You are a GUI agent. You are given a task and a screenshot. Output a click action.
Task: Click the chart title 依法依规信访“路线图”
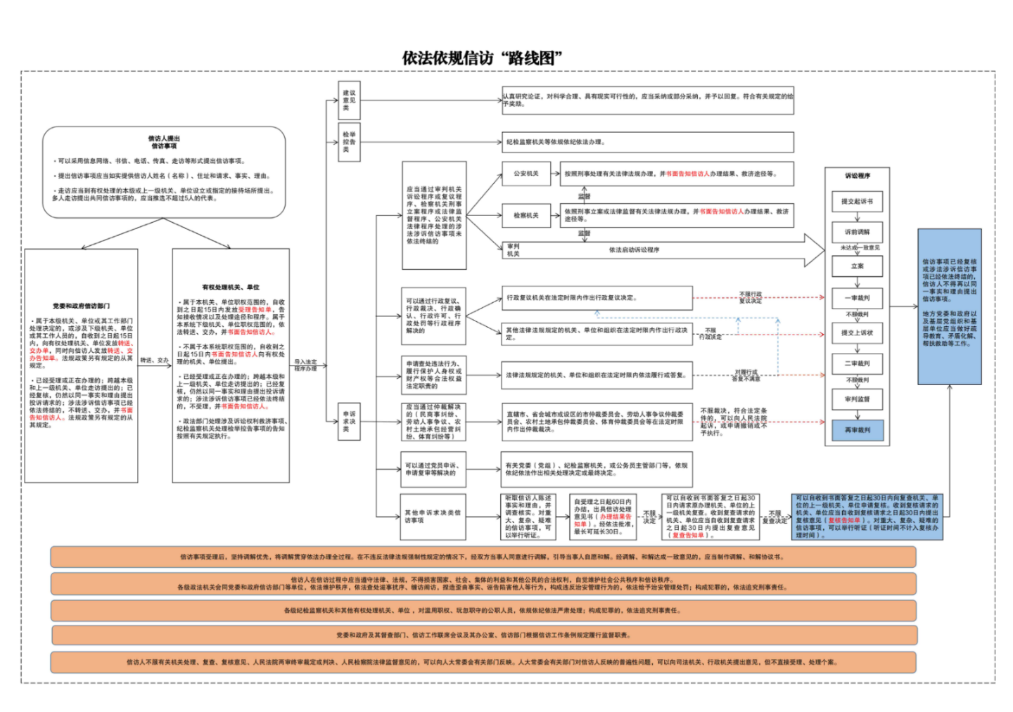(482, 58)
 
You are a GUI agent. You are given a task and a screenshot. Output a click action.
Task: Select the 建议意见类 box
(349, 101)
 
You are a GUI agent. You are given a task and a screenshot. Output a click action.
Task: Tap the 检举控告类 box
(349, 142)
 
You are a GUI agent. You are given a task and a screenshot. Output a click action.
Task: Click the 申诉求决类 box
(349, 422)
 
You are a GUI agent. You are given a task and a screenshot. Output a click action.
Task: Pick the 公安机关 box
(525, 174)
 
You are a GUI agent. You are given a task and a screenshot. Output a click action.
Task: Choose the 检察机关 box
(525, 216)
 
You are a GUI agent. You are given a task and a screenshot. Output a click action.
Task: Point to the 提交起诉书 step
(857, 202)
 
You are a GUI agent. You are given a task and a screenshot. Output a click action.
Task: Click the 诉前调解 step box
(857, 232)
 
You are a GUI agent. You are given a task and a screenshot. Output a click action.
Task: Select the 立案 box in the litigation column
(857, 266)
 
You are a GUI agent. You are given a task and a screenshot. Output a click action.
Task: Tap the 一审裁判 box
(857, 298)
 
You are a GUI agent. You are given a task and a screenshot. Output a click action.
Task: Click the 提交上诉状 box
(857, 333)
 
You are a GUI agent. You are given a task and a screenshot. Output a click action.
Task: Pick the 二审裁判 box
(857, 364)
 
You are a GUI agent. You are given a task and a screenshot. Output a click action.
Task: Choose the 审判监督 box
(857, 399)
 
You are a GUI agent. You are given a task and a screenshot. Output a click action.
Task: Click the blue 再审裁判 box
(857, 430)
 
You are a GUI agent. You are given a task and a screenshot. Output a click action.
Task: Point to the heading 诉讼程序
(857, 176)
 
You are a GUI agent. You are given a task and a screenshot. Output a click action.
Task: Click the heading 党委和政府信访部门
(81, 306)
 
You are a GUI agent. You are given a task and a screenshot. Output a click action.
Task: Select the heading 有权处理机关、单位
(231, 287)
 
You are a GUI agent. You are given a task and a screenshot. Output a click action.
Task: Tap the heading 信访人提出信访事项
(164, 142)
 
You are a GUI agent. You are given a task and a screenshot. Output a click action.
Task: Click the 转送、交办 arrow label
(155, 361)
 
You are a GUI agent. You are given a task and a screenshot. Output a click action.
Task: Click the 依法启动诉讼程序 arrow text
(634, 250)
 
